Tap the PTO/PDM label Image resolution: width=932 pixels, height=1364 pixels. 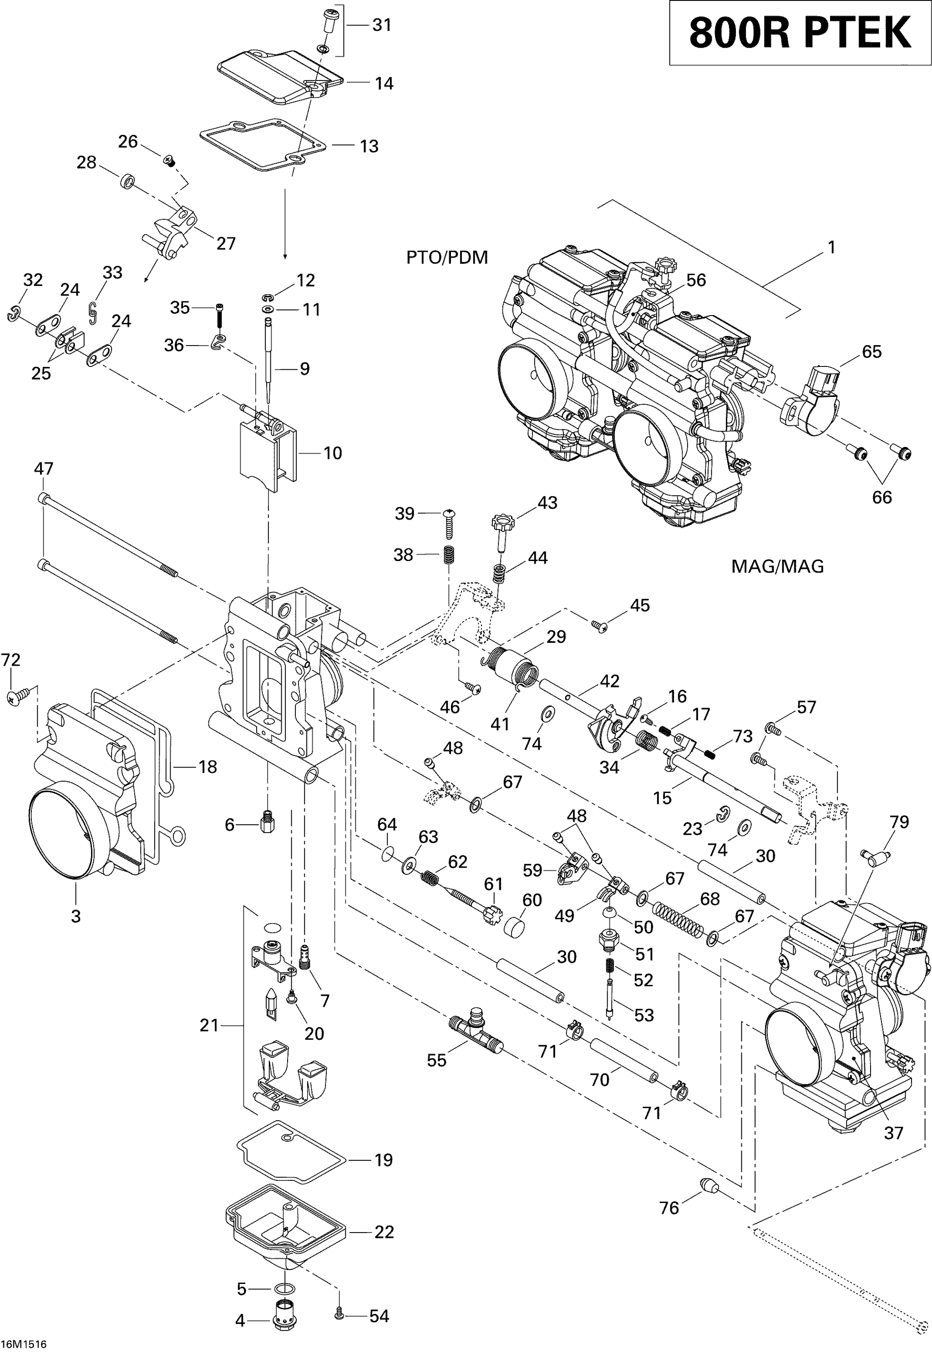447,258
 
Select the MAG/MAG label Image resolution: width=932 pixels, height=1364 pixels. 777,567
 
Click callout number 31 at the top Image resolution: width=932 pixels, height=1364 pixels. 382,25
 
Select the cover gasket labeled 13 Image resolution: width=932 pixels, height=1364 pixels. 263,145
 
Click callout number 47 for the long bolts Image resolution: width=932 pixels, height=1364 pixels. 43,468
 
